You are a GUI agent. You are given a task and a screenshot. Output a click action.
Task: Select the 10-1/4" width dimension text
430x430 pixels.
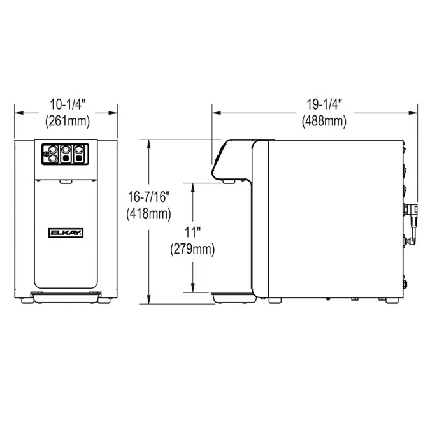pos(66,103)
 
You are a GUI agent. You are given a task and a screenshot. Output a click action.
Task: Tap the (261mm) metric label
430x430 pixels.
pos(66,120)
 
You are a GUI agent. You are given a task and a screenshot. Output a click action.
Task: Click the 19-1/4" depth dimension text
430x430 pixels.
pos(325,103)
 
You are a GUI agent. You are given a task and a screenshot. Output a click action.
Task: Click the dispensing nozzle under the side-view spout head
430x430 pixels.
pos(228,182)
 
